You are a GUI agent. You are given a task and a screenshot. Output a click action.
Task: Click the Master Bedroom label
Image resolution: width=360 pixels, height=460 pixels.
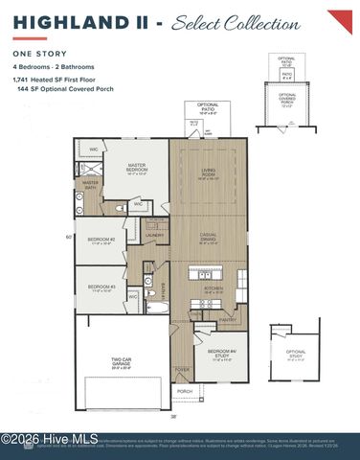tap(137, 169)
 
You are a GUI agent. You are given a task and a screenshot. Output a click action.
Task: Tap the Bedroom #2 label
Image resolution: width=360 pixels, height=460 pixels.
tap(101, 241)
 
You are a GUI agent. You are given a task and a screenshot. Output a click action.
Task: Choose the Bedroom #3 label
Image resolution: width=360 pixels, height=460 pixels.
tap(101, 287)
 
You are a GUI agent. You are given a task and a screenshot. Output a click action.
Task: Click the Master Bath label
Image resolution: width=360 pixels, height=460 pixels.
tap(90, 183)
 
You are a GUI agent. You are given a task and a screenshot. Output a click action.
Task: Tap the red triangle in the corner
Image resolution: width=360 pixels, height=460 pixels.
tap(342, 19)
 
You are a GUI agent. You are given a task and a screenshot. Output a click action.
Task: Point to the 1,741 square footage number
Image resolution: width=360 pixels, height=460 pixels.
tap(23, 80)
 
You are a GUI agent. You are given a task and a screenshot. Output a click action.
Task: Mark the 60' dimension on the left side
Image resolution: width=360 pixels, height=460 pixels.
tap(69, 236)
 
